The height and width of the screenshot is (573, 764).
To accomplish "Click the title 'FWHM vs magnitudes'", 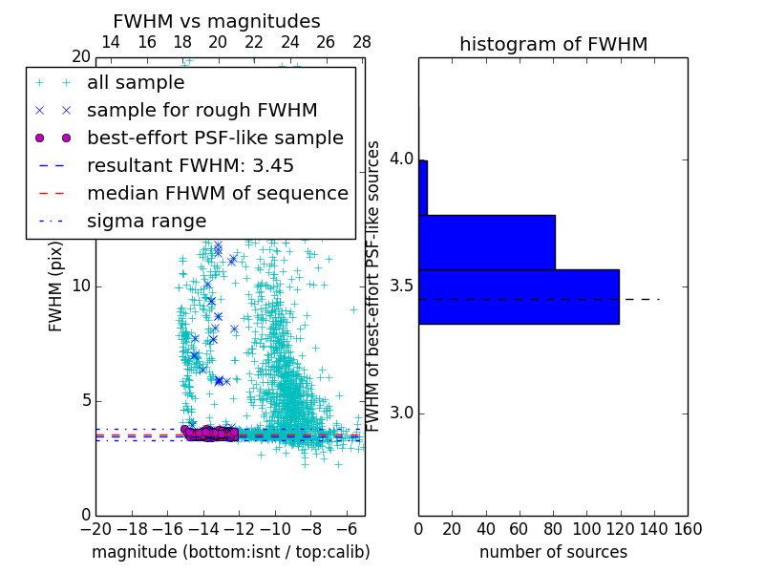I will point(216,21).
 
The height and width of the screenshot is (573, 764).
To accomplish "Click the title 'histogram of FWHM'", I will point(553,44).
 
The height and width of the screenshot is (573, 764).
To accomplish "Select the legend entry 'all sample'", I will point(136,83).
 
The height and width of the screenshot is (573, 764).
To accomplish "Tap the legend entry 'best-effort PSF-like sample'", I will point(215,138).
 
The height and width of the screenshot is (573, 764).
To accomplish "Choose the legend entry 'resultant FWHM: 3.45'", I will point(190,165).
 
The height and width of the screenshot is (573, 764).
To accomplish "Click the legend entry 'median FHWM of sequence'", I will point(217,193).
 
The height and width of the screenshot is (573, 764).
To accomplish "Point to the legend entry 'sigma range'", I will point(146,221).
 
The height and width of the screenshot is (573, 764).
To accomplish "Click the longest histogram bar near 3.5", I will point(519,296).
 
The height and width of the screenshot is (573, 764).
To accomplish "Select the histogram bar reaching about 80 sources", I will point(486,242).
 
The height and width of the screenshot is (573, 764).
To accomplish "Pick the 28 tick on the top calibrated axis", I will point(361,42).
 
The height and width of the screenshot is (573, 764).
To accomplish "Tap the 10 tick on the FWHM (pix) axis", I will point(81,286).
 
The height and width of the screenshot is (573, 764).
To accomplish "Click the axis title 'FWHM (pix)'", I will point(56,286).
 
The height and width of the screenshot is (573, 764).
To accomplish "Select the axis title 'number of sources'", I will point(553,552).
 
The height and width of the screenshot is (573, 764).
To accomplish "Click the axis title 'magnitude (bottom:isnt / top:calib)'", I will point(230,552).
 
